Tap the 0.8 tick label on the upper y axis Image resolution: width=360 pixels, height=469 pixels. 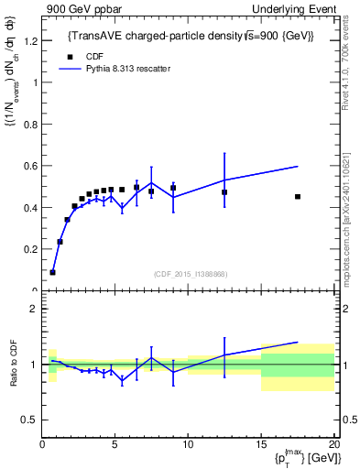point(30,124)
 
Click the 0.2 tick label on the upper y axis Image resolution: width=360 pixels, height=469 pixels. point(30,249)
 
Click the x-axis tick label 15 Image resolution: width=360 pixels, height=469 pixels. point(261,445)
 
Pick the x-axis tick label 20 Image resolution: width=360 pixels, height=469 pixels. point(333,445)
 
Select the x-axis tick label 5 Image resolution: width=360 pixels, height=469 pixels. point(115,445)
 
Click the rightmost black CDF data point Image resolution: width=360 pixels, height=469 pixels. point(298,196)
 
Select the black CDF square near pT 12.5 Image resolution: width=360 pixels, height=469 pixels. point(224,192)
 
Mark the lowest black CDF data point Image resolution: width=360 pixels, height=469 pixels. point(52,272)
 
